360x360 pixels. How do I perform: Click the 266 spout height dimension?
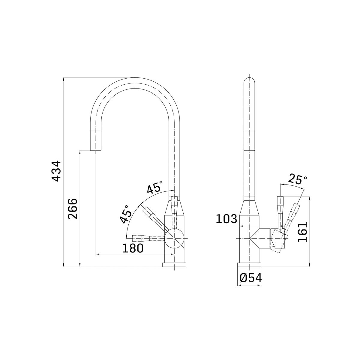(73, 208)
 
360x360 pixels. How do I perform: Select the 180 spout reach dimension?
(133, 248)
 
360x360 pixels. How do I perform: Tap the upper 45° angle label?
(155, 187)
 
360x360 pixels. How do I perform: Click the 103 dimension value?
(226, 219)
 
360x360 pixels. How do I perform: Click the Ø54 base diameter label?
(251, 278)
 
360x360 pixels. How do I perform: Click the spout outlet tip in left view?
(96, 147)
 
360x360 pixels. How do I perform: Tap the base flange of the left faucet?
(174, 265)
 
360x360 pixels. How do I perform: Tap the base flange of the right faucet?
(250, 265)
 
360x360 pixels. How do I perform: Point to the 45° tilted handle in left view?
(153, 217)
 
